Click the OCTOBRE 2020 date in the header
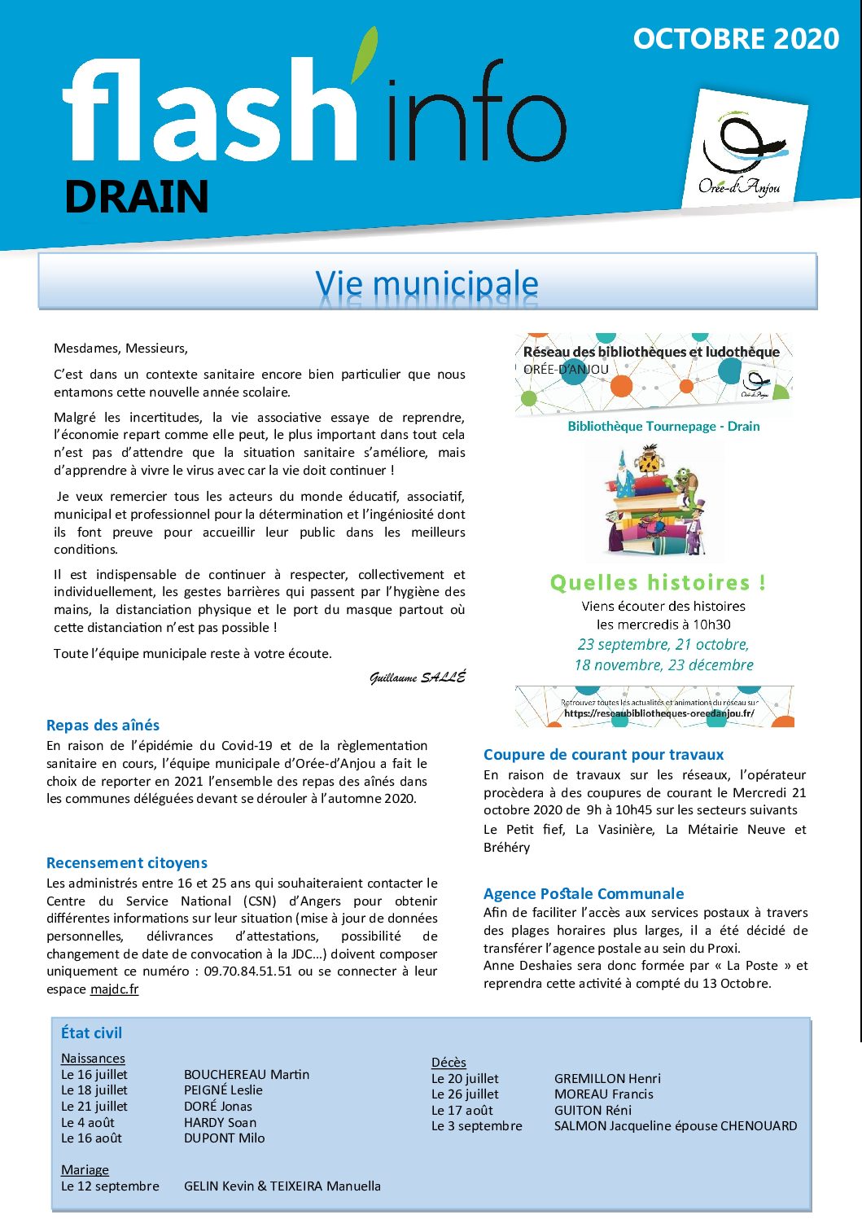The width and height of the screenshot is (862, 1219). (736, 39)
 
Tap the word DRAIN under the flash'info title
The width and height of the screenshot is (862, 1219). (137, 197)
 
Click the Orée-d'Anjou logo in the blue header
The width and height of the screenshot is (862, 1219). (742, 151)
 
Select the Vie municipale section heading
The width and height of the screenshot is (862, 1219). (427, 283)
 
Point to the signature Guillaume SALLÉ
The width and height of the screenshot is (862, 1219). (418, 677)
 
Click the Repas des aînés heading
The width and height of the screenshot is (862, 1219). (103, 725)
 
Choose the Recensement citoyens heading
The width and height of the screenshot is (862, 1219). (127, 862)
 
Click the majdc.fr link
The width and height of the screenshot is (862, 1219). (114, 989)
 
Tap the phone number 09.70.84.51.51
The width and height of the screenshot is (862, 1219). (247, 971)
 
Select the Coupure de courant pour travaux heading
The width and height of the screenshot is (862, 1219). (603, 754)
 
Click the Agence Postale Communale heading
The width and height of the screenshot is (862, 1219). (584, 893)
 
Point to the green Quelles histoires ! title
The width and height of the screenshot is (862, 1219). (658, 583)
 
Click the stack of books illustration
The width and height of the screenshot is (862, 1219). (654, 501)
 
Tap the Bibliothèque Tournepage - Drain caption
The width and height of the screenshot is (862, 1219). (663, 426)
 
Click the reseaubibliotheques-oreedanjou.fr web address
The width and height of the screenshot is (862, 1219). (659, 713)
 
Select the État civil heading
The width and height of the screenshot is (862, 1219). (91, 1033)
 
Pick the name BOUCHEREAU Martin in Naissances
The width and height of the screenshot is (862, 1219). (247, 1074)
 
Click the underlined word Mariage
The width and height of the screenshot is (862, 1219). (85, 1169)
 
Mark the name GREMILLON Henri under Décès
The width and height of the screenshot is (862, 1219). (607, 1078)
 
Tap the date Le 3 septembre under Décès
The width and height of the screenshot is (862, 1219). (477, 1125)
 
